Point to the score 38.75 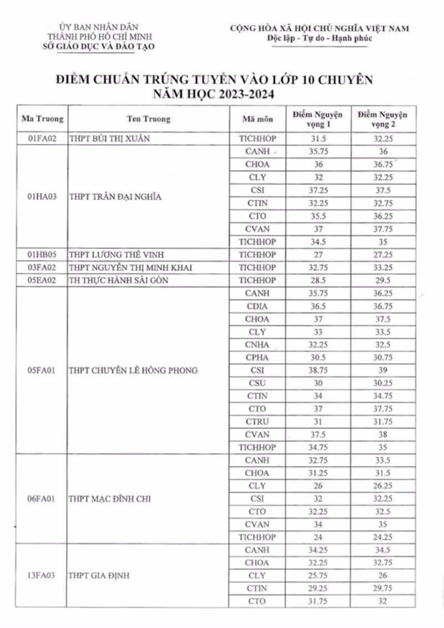pyautogui.click(x=319, y=370)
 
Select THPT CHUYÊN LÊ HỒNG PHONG pyautogui.click(x=133, y=370)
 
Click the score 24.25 pyautogui.click(x=382, y=537)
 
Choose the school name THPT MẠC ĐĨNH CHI pyautogui.click(x=109, y=499)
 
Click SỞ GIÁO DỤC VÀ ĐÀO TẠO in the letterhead pyautogui.click(x=99, y=47)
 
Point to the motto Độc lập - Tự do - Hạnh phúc pyautogui.click(x=320, y=38)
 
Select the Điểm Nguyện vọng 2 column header pyautogui.click(x=382, y=119)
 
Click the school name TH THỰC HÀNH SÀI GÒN pyautogui.click(x=118, y=281)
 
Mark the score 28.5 pyautogui.click(x=319, y=281)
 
